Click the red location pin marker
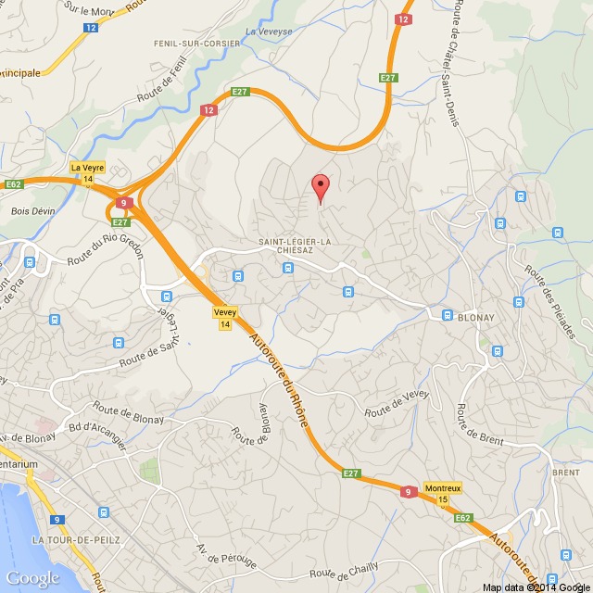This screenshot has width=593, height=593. [321, 188]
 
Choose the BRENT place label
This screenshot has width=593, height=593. [565, 472]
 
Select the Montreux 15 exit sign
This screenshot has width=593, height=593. [442, 493]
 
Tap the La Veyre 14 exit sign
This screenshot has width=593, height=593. [88, 172]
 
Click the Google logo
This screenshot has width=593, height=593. [32, 578]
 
